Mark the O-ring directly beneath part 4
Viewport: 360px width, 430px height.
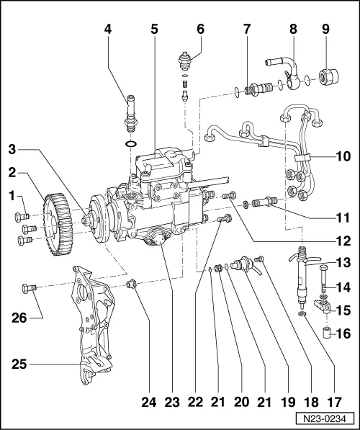point(129,144)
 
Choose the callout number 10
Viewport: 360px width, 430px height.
point(342,156)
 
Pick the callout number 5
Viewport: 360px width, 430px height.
point(153,31)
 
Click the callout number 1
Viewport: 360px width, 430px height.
point(12,196)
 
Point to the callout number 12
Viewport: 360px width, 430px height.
point(342,241)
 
